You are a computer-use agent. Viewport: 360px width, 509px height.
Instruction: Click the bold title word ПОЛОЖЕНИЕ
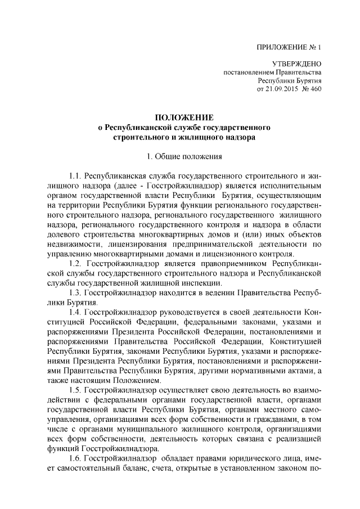[x=181, y=118]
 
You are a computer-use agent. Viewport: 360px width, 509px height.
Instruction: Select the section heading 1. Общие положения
[x=181, y=155]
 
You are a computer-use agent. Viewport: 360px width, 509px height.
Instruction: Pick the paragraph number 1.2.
[x=75, y=263]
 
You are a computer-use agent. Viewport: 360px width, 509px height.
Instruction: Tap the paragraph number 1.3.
[x=75, y=293]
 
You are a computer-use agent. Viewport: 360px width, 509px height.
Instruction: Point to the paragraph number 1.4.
[x=75, y=313]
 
